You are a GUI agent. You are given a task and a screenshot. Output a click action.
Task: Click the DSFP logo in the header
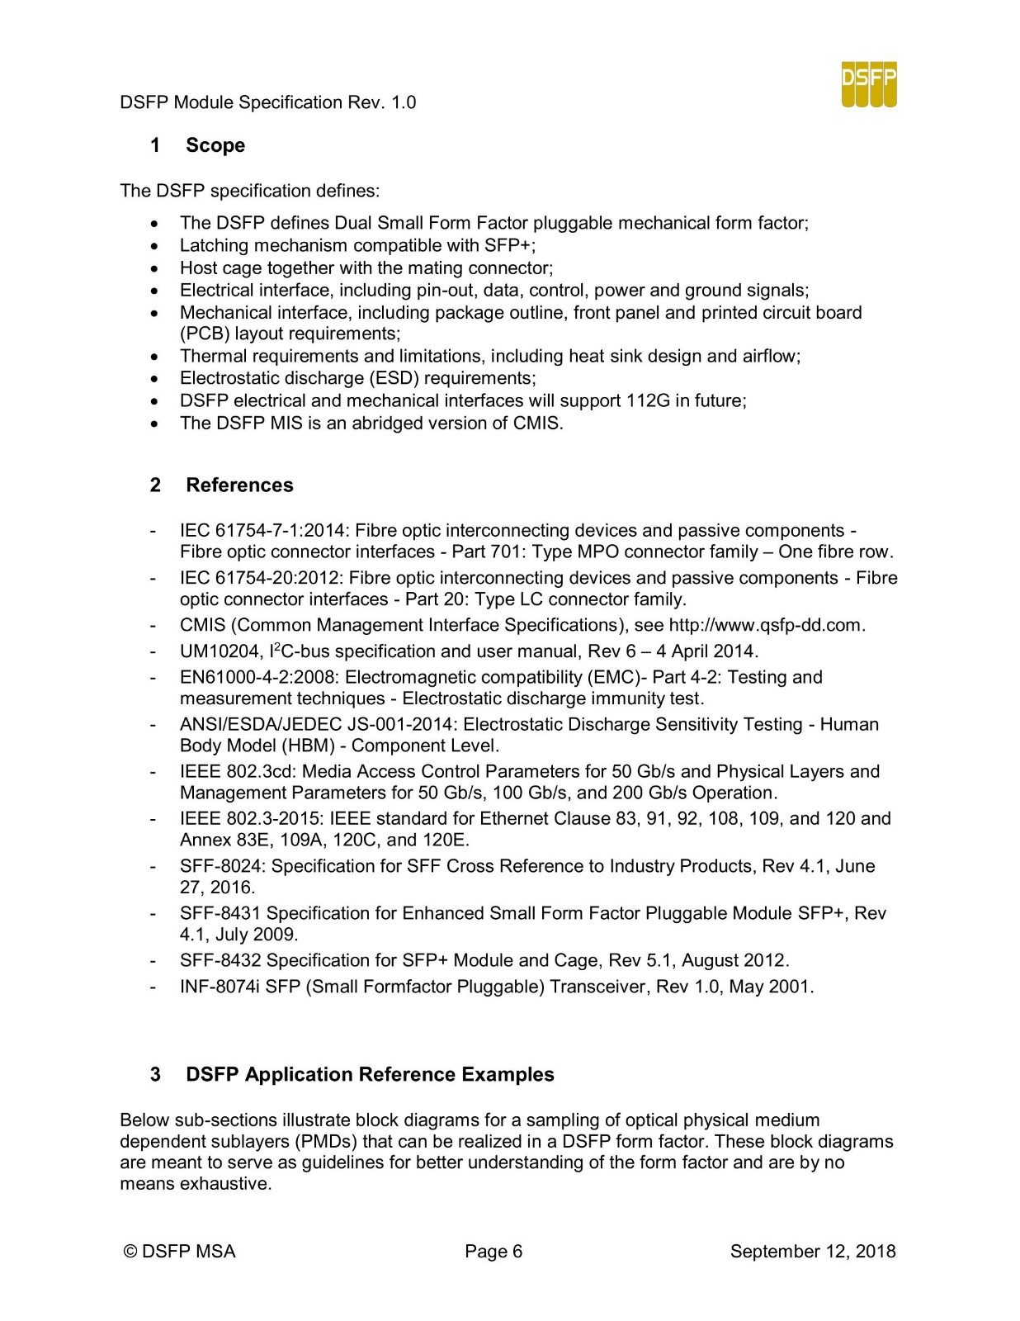pos(869,84)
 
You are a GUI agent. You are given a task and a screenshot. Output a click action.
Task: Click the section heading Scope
pos(215,145)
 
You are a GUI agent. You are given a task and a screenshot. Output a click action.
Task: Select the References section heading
pos(239,485)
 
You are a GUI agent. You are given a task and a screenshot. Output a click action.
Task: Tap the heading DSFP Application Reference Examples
pos(370,1074)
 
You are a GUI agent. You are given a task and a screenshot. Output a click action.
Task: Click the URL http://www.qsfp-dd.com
pos(765,625)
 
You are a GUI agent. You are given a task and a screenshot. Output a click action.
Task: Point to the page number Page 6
pos(493,1252)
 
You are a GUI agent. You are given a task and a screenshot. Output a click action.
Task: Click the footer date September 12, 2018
pos(812,1252)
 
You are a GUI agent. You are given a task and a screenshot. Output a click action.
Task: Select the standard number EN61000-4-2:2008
pos(258,678)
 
